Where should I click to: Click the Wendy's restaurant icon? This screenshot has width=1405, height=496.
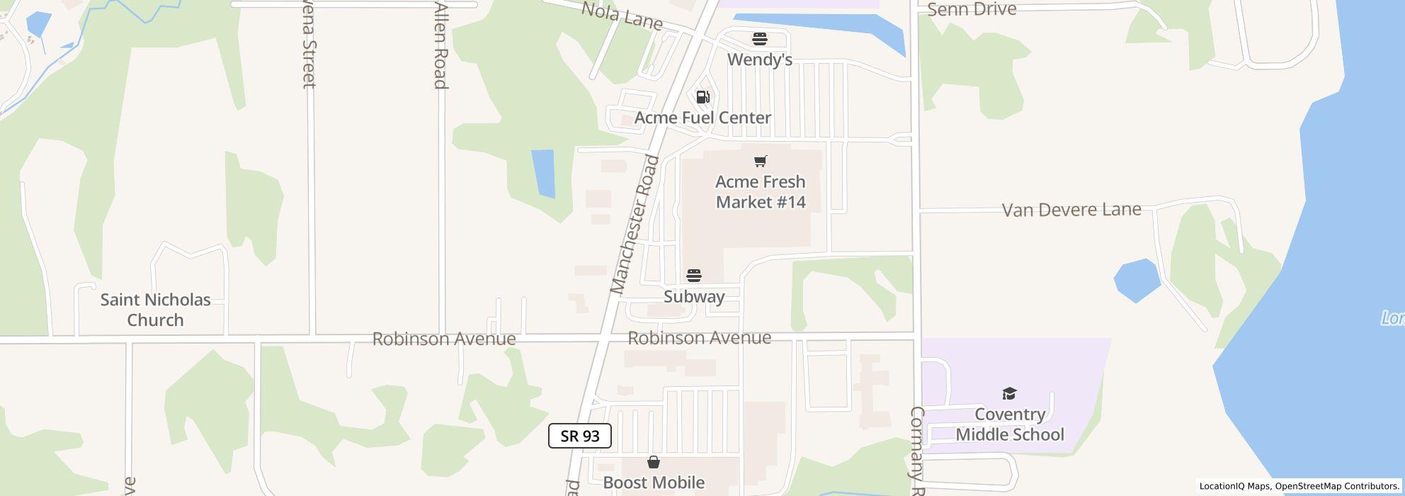(x=760, y=38)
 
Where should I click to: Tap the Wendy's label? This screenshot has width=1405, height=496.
(x=760, y=60)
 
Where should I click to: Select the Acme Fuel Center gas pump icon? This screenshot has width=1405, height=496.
(x=702, y=97)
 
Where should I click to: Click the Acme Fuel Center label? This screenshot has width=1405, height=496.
(x=702, y=118)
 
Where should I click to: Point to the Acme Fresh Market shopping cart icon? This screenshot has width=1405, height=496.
(x=761, y=162)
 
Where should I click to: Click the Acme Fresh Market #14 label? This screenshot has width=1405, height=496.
(x=761, y=192)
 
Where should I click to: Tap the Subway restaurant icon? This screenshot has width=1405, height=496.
(x=694, y=276)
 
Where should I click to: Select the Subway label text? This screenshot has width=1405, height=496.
(x=694, y=296)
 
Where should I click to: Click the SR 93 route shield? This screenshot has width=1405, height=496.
(x=580, y=436)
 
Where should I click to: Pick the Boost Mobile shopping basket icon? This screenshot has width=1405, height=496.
(x=654, y=463)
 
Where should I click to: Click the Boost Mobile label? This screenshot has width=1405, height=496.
(x=654, y=483)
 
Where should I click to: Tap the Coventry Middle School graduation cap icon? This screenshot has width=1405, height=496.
(x=1009, y=394)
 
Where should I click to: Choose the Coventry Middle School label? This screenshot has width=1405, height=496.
(x=1010, y=424)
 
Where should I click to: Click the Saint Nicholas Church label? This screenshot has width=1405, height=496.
(x=155, y=310)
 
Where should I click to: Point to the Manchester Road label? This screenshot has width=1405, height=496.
(x=635, y=225)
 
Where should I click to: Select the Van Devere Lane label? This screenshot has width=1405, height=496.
(x=1071, y=210)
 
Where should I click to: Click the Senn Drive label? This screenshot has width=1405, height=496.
(x=972, y=9)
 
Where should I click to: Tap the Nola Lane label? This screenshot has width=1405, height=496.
(x=622, y=16)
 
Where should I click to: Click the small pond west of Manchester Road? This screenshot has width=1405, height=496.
(x=543, y=173)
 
